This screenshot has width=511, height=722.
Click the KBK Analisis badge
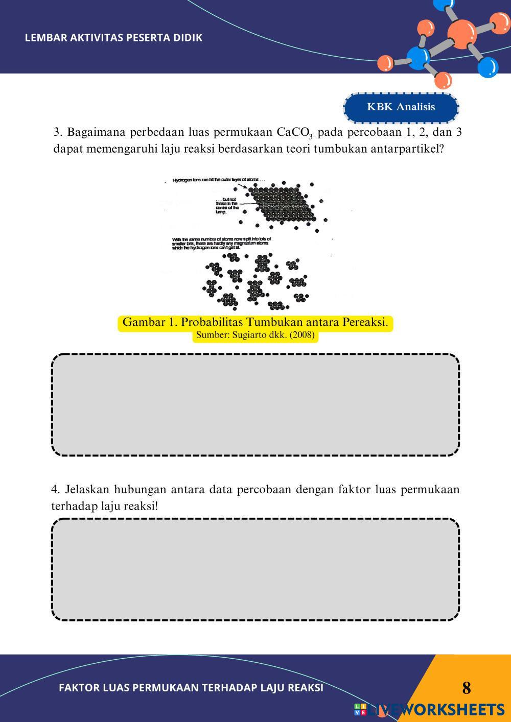pos(401,107)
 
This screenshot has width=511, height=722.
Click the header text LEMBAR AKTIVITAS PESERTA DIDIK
pos(113,38)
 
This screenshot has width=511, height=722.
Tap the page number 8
pos(466,688)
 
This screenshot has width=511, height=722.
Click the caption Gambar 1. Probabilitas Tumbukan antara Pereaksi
pos(255,323)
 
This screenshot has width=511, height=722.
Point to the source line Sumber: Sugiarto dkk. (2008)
pos(255,335)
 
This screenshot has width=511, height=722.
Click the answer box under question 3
pos(255,404)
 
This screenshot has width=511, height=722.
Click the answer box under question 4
pos(255,569)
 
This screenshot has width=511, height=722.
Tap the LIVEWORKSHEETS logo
pos(429,709)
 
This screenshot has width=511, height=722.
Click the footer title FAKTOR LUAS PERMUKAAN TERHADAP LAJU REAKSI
pos(191,688)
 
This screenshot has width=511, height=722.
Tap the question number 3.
pos(57,133)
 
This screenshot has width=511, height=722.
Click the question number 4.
pos(55,490)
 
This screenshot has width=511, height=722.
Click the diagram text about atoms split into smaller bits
pos(221,243)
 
